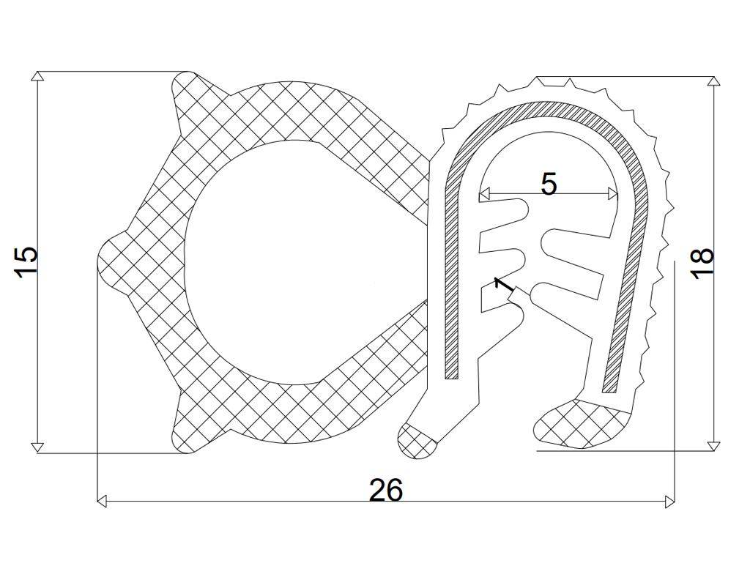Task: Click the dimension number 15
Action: pyautogui.click(x=25, y=261)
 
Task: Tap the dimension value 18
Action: pyautogui.click(x=702, y=263)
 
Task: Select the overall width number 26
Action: pyautogui.click(x=385, y=490)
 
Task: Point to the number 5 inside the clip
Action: pyautogui.click(x=549, y=184)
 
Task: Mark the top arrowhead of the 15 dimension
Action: pyautogui.click(x=37, y=76)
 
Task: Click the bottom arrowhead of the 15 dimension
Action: pyautogui.click(x=37, y=448)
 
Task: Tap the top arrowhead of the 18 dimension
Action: pyautogui.click(x=714, y=81)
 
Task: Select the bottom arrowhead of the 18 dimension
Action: pyautogui.click(x=714, y=446)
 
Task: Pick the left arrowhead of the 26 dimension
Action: pyautogui.click(x=103, y=502)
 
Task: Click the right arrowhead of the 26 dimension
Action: pyautogui.click(x=669, y=502)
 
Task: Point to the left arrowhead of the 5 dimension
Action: pyautogui.click(x=483, y=194)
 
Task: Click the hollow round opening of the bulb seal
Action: pyautogui.click(x=293, y=260)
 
